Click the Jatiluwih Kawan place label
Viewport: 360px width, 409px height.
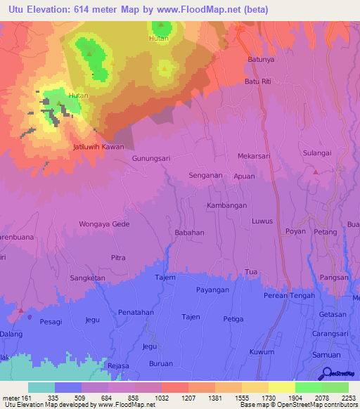[x=98, y=148]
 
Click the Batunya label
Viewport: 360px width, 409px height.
[x=261, y=60]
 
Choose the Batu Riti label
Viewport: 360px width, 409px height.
[x=257, y=82]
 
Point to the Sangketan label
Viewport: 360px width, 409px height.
[x=87, y=278]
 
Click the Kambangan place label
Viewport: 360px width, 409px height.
[x=226, y=205]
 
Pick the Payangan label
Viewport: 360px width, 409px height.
[x=213, y=290]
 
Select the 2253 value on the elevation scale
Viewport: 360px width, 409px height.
[x=349, y=397]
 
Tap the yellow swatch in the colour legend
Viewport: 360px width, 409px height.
[x=281, y=387]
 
